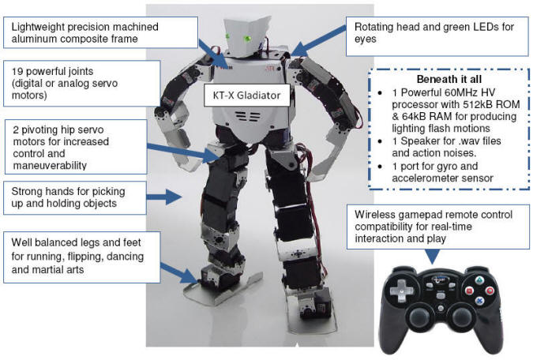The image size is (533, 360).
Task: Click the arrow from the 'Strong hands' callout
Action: point(167,196)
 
